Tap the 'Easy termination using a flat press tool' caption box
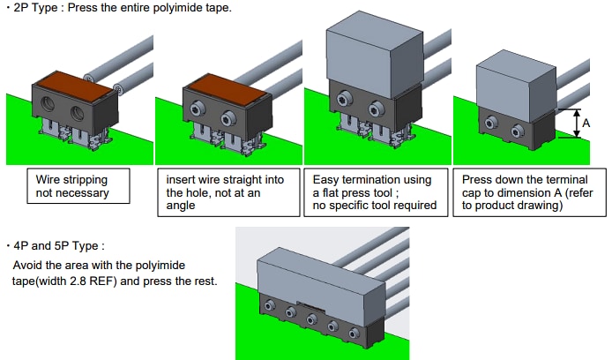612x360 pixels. (377, 192)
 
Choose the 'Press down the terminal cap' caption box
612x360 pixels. (528, 192)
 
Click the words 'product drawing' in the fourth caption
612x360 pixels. (521, 206)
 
